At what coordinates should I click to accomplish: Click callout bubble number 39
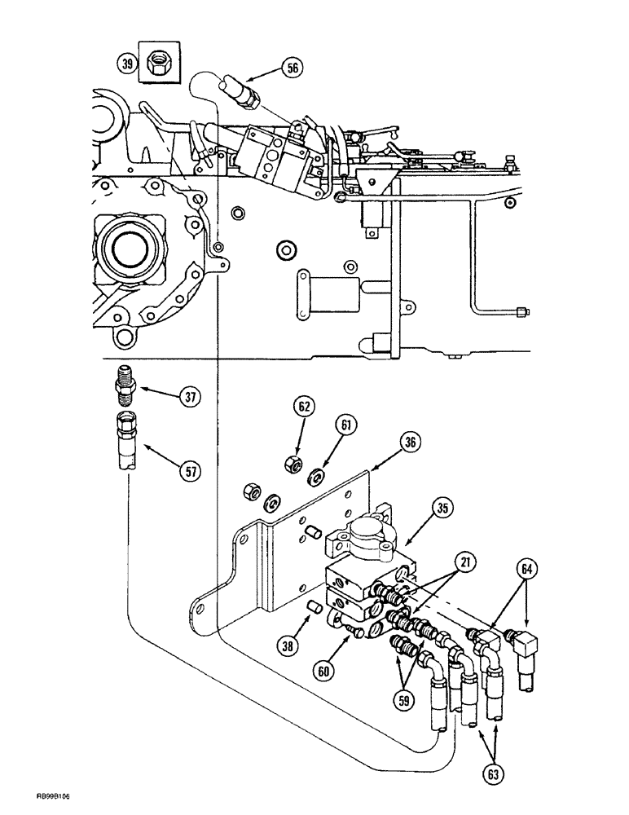click(x=126, y=61)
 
